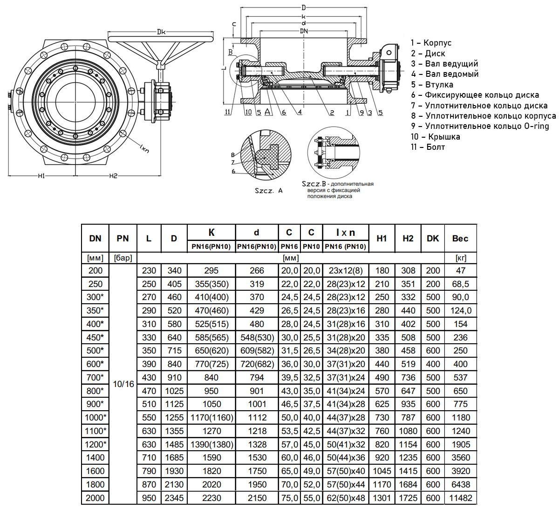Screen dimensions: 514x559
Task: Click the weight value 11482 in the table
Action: pos(460,498)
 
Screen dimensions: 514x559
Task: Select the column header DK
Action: pos(433,238)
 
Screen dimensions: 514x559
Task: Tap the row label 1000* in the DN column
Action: pos(95,417)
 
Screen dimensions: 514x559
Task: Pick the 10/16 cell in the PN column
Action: pos(123,384)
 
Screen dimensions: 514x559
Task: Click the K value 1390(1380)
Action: pos(211,444)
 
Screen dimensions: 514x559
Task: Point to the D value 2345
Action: pos(174,498)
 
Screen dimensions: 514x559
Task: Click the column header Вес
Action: pos(460,238)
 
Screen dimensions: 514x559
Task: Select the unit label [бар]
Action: pos(123,258)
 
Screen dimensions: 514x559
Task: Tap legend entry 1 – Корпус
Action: pos(431,43)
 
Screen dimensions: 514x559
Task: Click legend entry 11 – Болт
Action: pos(428,147)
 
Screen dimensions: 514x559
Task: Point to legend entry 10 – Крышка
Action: pos(435,137)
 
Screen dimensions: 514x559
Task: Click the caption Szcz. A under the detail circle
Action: pos(268,191)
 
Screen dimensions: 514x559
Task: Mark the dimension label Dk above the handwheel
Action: pos(161,32)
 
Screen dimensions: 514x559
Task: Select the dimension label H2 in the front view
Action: pos(113,175)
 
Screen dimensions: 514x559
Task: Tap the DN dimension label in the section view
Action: pos(304,30)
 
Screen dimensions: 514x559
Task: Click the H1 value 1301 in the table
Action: pos(382,498)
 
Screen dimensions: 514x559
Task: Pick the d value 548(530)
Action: pos(256,337)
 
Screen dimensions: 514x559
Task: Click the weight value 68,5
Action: pos(460,284)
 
